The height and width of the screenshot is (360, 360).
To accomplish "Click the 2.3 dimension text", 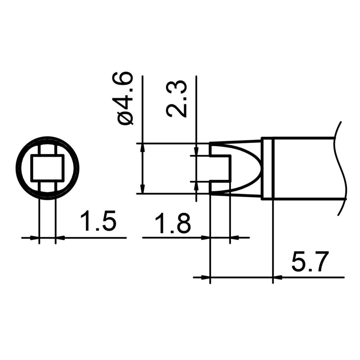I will pos(176,99).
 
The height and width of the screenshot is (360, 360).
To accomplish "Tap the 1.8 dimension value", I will pos(173,224).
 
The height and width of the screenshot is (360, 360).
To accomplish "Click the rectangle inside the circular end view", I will pos(47,168).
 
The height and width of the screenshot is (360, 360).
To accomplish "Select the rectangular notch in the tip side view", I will pos(220,168).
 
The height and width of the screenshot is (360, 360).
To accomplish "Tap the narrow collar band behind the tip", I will pos(268,168).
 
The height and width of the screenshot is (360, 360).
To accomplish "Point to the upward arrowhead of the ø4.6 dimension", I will pos(142,147).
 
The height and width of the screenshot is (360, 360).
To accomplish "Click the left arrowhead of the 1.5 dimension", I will pos(34,238).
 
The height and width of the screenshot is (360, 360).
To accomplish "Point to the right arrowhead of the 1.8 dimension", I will pos(234,238).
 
